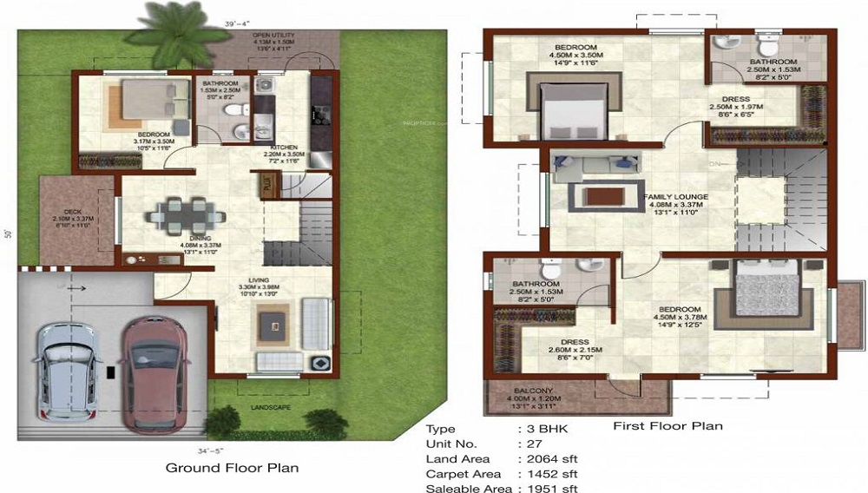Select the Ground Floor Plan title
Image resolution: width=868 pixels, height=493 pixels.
point(232,468)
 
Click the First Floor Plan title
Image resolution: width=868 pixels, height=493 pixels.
point(667,426)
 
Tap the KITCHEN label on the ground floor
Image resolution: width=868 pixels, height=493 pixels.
point(284,147)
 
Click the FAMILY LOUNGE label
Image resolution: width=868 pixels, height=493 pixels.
point(675,197)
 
